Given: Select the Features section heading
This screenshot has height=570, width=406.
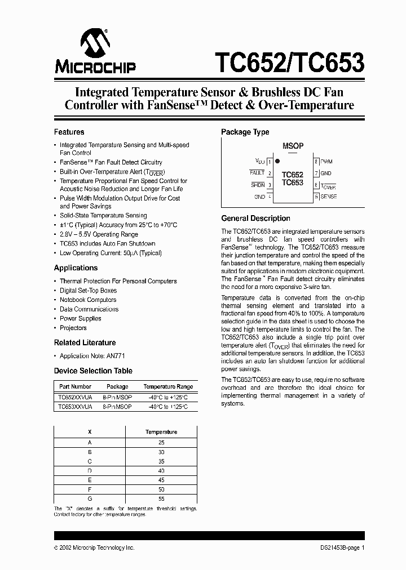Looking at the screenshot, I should [x=69, y=132].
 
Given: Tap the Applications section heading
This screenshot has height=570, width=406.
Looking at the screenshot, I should [x=76, y=268].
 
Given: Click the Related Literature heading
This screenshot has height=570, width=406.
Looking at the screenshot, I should [x=85, y=342].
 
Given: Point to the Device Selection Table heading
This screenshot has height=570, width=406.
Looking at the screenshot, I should [x=93, y=371].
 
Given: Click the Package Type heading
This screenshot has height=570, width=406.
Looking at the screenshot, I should [x=245, y=132].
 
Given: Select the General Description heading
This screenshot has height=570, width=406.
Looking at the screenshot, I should [x=255, y=219].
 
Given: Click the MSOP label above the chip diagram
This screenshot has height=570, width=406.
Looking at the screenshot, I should [x=293, y=146].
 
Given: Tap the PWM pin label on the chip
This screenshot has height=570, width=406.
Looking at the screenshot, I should [x=326, y=162].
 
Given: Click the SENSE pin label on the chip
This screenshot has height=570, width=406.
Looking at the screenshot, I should [x=328, y=197].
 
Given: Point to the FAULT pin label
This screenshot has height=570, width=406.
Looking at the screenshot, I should [x=257, y=173].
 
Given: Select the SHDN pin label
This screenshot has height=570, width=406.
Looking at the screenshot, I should [x=258, y=185].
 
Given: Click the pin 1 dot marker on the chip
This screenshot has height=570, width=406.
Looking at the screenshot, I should [x=277, y=162].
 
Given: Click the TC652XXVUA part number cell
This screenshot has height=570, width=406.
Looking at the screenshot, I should [x=74, y=397].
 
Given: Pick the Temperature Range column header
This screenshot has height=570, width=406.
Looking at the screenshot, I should [x=167, y=387].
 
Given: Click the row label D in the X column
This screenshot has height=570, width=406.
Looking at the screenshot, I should [x=90, y=471].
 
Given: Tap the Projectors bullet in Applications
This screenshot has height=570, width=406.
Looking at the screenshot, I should [x=73, y=328].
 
